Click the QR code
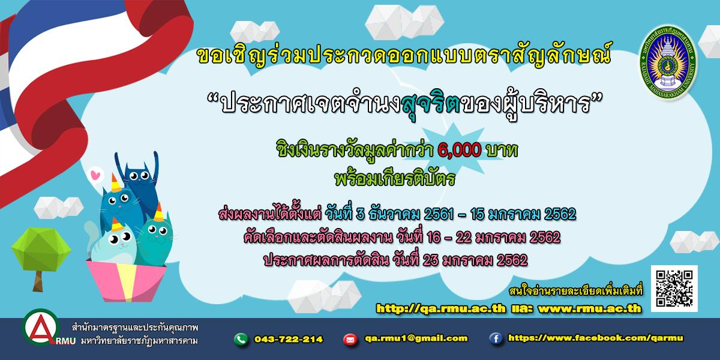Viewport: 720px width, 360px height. pos(674,289)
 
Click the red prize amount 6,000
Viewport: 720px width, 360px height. pos(460,150)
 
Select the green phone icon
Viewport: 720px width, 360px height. pos(241,340)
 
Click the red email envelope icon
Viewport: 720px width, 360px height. pos(350,340)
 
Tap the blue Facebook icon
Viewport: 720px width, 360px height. pos(496,339)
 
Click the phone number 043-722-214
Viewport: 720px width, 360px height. pos(289,340)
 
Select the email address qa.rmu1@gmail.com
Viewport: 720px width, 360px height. pos(416,338)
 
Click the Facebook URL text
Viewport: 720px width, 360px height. pos(595,338)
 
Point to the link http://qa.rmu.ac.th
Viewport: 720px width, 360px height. pos(440,308)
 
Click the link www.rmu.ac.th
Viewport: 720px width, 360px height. pos(589,308)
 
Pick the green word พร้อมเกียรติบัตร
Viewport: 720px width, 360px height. pos(395,179)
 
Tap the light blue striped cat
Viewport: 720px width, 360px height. pos(114,245)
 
